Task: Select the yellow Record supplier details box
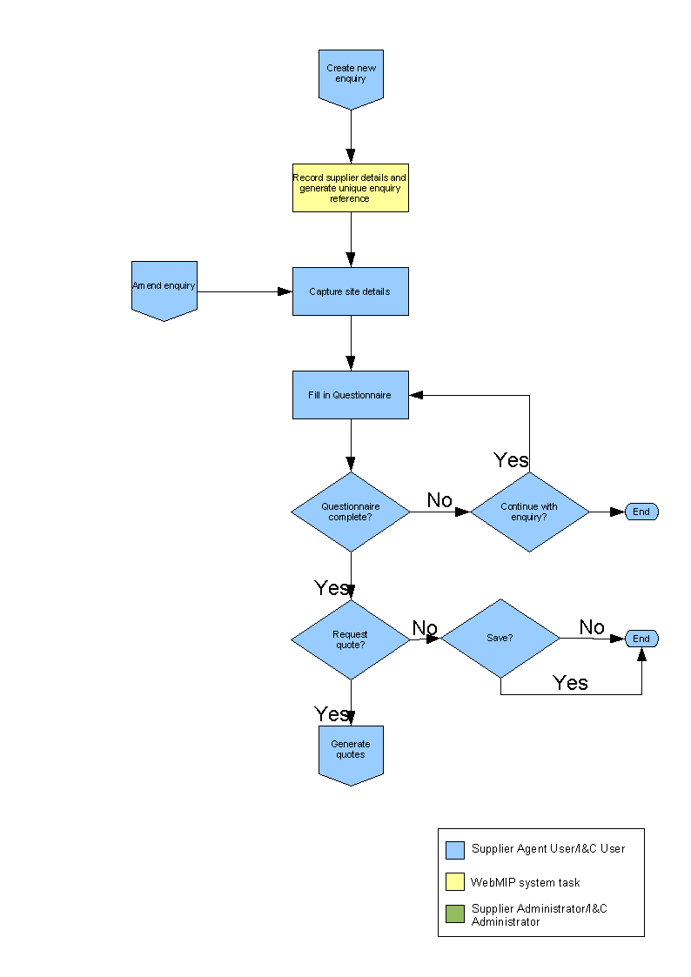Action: coord(350,188)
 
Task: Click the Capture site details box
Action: coord(350,291)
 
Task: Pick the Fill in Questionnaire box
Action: coord(350,395)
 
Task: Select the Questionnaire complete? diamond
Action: coord(350,512)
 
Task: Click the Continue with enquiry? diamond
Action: coord(529,512)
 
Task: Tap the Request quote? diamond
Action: coord(350,639)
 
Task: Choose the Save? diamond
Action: coord(500,638)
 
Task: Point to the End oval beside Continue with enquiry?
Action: coord(641,512)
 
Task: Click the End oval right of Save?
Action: coord(641,639)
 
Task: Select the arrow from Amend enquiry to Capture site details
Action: coord(244,291)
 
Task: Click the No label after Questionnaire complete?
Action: coord(439,500)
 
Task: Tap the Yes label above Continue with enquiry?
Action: coord(511,460)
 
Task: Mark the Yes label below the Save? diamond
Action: coord(571,683)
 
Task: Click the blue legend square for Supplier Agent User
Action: coord(455,850)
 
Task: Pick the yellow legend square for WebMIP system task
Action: coord(455,882)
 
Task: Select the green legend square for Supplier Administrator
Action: coord(455,914)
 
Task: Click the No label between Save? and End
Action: coord(592,627)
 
